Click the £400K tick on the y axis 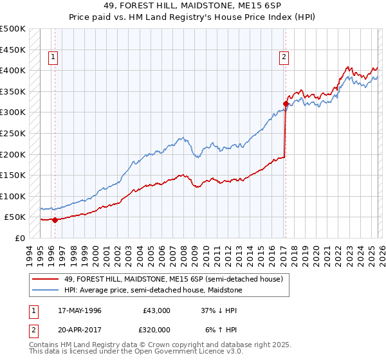coord(13,70)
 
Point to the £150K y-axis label coord(13,175)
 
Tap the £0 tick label coord(19,238)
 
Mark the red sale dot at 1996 coord(55,220)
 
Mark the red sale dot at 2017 coord(285,104)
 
